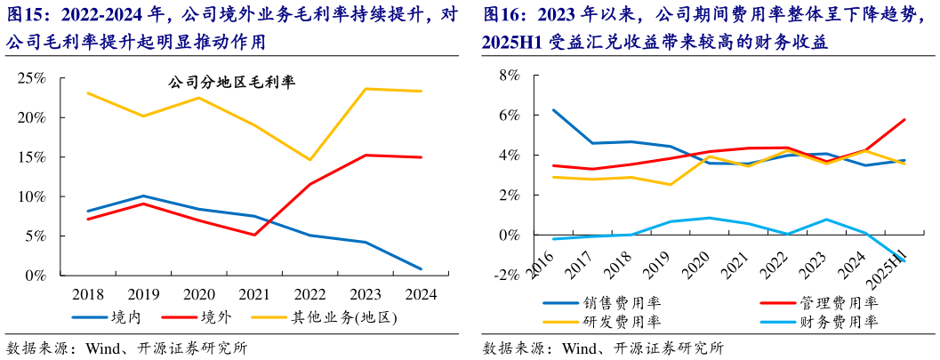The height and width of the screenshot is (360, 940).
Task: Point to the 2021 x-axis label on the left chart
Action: (253, 294)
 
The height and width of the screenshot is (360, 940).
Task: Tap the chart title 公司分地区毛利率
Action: (232, 83)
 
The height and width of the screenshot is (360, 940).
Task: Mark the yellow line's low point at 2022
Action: (309, 160)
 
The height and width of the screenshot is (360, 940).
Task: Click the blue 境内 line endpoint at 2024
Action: (421, 268)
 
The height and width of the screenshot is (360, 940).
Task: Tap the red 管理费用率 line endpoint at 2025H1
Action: (904, 120)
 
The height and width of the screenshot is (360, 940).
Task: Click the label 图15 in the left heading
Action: (25, 15)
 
